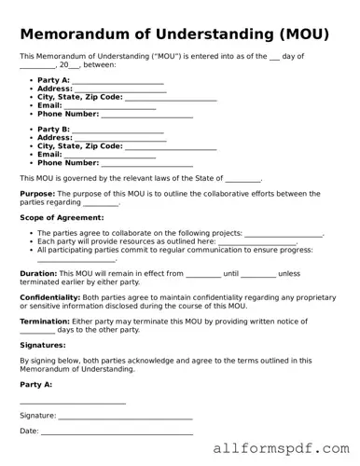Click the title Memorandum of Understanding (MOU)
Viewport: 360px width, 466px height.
coord(174,35)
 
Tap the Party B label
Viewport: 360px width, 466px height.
coord(53,130)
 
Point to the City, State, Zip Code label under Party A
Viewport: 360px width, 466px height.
coord(79,98)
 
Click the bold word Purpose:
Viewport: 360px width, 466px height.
coord(38,194)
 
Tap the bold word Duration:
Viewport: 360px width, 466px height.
coord(38,274)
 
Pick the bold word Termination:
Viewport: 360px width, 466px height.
coord(44,322)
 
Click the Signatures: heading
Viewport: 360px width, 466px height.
coord(43,345)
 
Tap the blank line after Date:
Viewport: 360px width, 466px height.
coord(117,432)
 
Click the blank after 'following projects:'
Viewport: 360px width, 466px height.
coord(284,234)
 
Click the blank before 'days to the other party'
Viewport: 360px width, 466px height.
coord(37,331)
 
